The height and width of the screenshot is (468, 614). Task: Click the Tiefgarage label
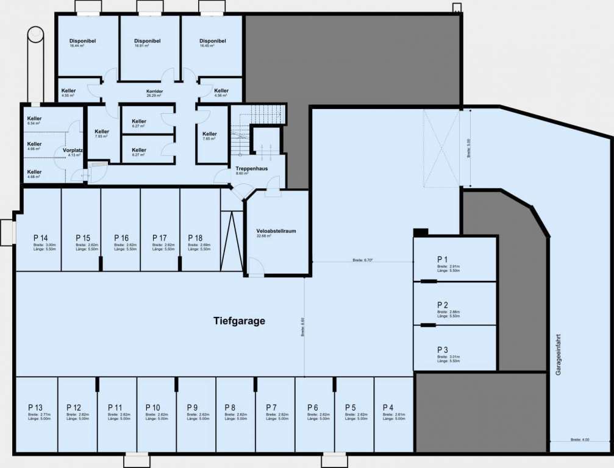point(239,321)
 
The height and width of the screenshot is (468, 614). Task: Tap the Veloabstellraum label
point(277,231)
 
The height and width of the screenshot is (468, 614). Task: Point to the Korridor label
point(154,91)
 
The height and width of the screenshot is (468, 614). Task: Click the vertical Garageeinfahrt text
point(558,354)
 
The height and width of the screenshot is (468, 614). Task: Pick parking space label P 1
point(443,258)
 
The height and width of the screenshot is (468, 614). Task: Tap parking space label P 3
point(443,349)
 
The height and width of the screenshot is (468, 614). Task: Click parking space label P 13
point(35,407)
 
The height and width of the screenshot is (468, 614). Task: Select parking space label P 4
point(388,407)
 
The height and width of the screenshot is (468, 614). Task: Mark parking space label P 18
point(195,238)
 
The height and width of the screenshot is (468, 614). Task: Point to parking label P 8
point(230,407)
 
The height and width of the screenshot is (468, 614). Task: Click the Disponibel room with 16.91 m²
point(147,41)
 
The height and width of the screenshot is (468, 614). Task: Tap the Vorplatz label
point(72,150)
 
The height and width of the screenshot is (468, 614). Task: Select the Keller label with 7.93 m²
point(102,132)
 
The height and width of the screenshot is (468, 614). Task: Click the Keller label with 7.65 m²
point(209,134)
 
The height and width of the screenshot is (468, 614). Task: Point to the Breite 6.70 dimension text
point(362,260)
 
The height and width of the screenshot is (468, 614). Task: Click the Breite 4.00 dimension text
point(579,440)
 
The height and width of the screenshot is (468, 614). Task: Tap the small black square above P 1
point(421,232)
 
